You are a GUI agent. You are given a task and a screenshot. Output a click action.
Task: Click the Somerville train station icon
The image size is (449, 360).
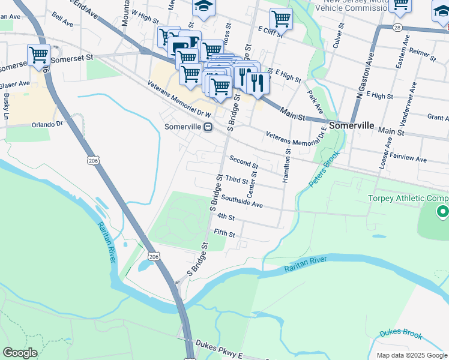(x=208, y=127)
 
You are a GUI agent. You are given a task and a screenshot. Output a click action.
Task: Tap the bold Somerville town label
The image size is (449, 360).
(x=352, y=127)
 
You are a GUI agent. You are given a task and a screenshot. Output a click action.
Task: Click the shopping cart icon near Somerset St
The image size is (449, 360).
(x=38, y=55)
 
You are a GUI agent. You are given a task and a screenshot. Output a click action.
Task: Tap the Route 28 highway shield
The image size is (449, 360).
(x=398, y=28)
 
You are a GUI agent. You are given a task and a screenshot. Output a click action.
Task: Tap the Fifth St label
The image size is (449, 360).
(x=224, y=233)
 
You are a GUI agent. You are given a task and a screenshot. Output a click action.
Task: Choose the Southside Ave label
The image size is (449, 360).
(x=242, y=201)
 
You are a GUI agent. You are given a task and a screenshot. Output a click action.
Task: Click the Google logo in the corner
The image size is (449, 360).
(x=20, y=353)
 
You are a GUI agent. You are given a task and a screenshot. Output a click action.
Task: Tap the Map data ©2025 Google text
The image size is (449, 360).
(x=411, y=355)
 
